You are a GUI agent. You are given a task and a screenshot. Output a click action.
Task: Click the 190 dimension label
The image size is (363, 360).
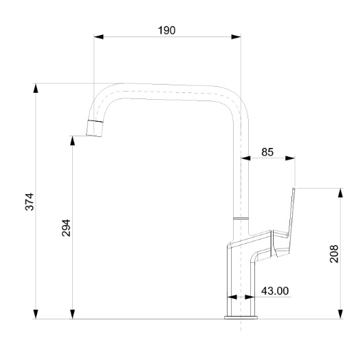(166, 30)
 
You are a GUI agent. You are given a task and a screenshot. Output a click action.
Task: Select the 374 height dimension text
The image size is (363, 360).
(30, 202)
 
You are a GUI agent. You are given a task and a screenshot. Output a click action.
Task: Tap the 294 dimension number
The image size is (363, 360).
(66, 228)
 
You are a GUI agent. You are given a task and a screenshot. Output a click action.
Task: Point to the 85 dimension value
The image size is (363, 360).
(267, 152)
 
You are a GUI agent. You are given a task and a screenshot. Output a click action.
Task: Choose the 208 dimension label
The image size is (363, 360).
(334, 253)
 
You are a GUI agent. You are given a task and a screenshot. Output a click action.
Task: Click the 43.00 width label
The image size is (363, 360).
(275, 290)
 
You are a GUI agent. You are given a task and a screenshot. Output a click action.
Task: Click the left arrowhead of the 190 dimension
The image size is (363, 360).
(98, 36)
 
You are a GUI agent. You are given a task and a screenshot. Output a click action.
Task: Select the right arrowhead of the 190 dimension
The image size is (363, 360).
(236, 36)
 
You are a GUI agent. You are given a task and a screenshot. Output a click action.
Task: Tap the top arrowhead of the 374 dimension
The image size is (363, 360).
(36, 88)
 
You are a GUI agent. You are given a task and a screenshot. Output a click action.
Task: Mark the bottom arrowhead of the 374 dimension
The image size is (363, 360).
(36, 314)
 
